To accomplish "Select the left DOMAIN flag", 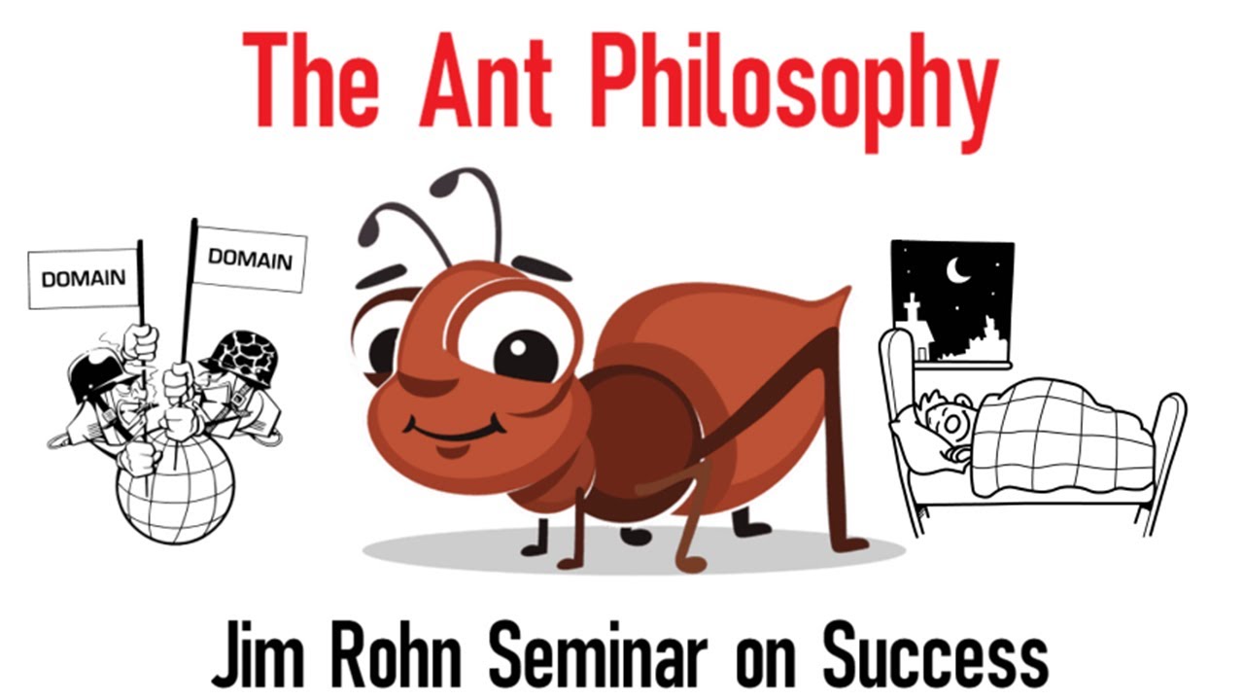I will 84,278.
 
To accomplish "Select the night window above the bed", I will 951,302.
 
